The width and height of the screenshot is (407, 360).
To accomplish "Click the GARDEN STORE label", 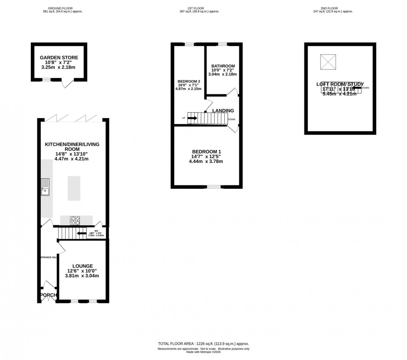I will pyautogui.click(x=59, y=58).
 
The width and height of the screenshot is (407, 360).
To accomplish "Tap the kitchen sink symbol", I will pyautogui.click(x=45, y=187).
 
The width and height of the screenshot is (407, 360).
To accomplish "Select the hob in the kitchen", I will pyautogui.click(x=75, y=221).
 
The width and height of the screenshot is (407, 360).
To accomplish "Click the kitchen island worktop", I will pyautogui.click(x=74, y=188).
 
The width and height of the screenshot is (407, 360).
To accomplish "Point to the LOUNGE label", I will pyautogui.click(x=83, y=266).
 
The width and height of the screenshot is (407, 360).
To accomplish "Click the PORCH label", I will pyautogui.click(x=48, y=295).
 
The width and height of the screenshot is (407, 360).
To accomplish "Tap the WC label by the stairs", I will pyautogui.click(x=96, y=231).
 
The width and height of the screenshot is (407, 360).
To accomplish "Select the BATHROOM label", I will pyautogui.click(x=223, y=66).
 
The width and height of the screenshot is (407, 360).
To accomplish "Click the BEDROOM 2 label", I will pyautogui.click(x=189, y=81).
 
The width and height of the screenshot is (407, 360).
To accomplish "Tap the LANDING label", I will pyautogui.click(x=223, y=111).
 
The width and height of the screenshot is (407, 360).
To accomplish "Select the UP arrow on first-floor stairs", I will pyautogui.click(x=192, y=118).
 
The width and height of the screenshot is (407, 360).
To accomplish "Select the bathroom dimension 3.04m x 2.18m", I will pyautogui.click(x=223, y=74).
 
